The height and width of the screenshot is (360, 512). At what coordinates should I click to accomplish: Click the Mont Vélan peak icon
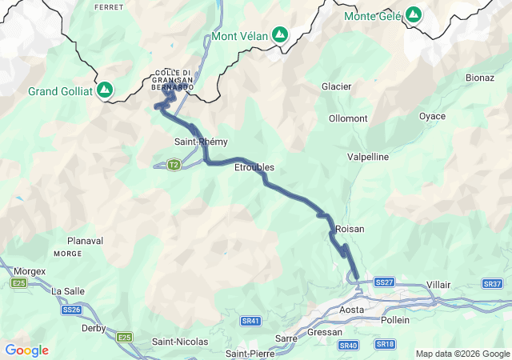(279, 35)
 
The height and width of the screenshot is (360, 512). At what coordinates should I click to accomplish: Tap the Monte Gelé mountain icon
(414, 15)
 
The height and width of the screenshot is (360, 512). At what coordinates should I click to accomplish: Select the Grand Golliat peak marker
(105, 90)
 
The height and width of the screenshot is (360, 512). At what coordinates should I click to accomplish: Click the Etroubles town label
(254, 167)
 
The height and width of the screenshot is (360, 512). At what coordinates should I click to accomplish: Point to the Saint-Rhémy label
(201, 142)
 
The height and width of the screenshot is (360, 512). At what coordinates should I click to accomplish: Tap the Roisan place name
(350, 229)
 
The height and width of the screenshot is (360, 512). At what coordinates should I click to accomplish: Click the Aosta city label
(352, 309)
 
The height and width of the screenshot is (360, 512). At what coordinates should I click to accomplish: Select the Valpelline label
(368, 157)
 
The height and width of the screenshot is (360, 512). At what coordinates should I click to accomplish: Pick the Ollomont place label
(348, 118)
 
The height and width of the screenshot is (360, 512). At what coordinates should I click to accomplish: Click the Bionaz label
(480, 78)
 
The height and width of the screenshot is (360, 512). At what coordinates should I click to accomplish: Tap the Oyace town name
(432, 116)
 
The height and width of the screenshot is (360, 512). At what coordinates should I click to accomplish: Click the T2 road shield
(174, 165)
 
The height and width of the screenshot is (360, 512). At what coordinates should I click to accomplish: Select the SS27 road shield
(384, 282)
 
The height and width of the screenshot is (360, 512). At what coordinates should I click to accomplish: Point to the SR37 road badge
(492, 284)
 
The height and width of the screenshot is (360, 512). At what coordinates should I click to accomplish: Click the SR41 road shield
(250, 321)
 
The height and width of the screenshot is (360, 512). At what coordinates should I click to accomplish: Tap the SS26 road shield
(71, 310)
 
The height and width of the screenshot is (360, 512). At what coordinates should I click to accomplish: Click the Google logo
(26, 350)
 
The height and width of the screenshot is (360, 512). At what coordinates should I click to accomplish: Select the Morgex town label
(30, 271)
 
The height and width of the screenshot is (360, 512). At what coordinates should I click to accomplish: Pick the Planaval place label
(86, 240)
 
